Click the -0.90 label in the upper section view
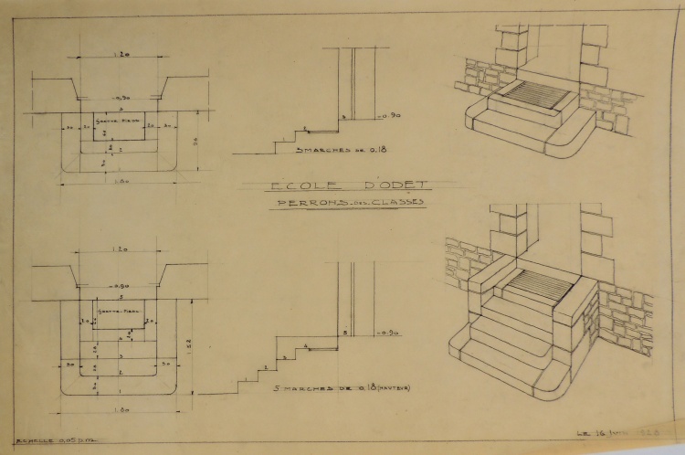click(x=390, y=117)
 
